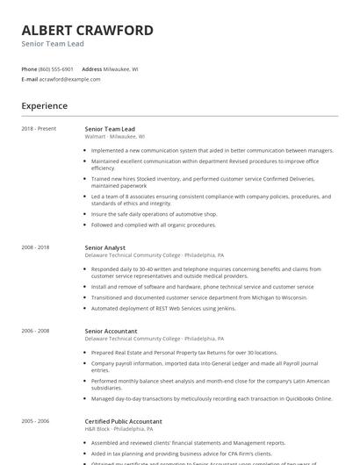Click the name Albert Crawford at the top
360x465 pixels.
point(87,30)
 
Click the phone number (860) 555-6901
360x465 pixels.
point(57,68)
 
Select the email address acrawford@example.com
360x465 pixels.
point(70,79)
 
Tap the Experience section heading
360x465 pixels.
point(44,106)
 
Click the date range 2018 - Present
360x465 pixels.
point(39,128)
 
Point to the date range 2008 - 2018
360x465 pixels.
point(35,248)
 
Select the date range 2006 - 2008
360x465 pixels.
point(35,331)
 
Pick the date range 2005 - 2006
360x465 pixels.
point(35,421)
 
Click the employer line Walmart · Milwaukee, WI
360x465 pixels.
point(115,137)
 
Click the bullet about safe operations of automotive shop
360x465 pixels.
point(154,213)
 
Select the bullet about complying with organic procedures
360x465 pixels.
point(154,225)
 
